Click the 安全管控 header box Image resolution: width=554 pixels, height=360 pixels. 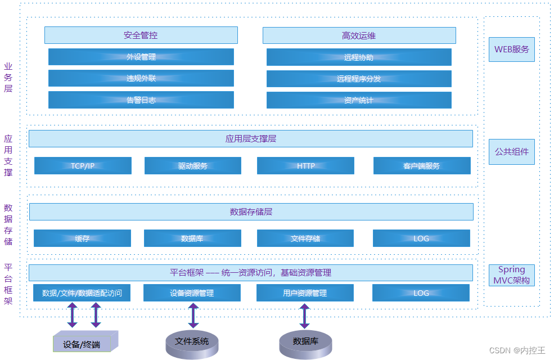(x=141, y=35)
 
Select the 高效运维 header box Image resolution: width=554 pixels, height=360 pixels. (x=359, y=35)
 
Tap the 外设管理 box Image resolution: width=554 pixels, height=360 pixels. (x=141, y=57)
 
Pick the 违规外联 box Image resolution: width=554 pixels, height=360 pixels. (x=141, y=78)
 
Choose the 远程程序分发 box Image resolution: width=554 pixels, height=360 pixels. (x=359, y=78)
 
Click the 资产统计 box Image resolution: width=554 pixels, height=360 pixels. (x=359, y=100)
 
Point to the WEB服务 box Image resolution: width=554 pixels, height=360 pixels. (x=511, y=49)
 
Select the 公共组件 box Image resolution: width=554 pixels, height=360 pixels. (x=511, y=152)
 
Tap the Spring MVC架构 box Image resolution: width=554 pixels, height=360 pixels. (x=511, y=275)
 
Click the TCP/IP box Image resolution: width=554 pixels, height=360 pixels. (x=83, y=166)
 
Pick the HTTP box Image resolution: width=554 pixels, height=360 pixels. (x=305, y=166)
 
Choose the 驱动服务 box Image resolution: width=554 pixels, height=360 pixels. (x=193, y=166)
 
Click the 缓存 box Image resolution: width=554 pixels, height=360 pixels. (x=82, y=238)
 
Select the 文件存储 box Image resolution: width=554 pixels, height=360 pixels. (x=305, y=238)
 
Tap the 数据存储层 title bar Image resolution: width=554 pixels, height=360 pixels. (x=251, y=212)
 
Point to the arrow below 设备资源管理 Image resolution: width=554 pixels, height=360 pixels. (x=193, y=315)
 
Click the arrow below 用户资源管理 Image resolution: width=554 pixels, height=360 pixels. (x=304, y=315)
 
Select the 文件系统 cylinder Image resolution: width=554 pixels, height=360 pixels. (x=192, y=343)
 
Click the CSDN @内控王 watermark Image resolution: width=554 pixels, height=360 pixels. (x=517, y=350)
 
